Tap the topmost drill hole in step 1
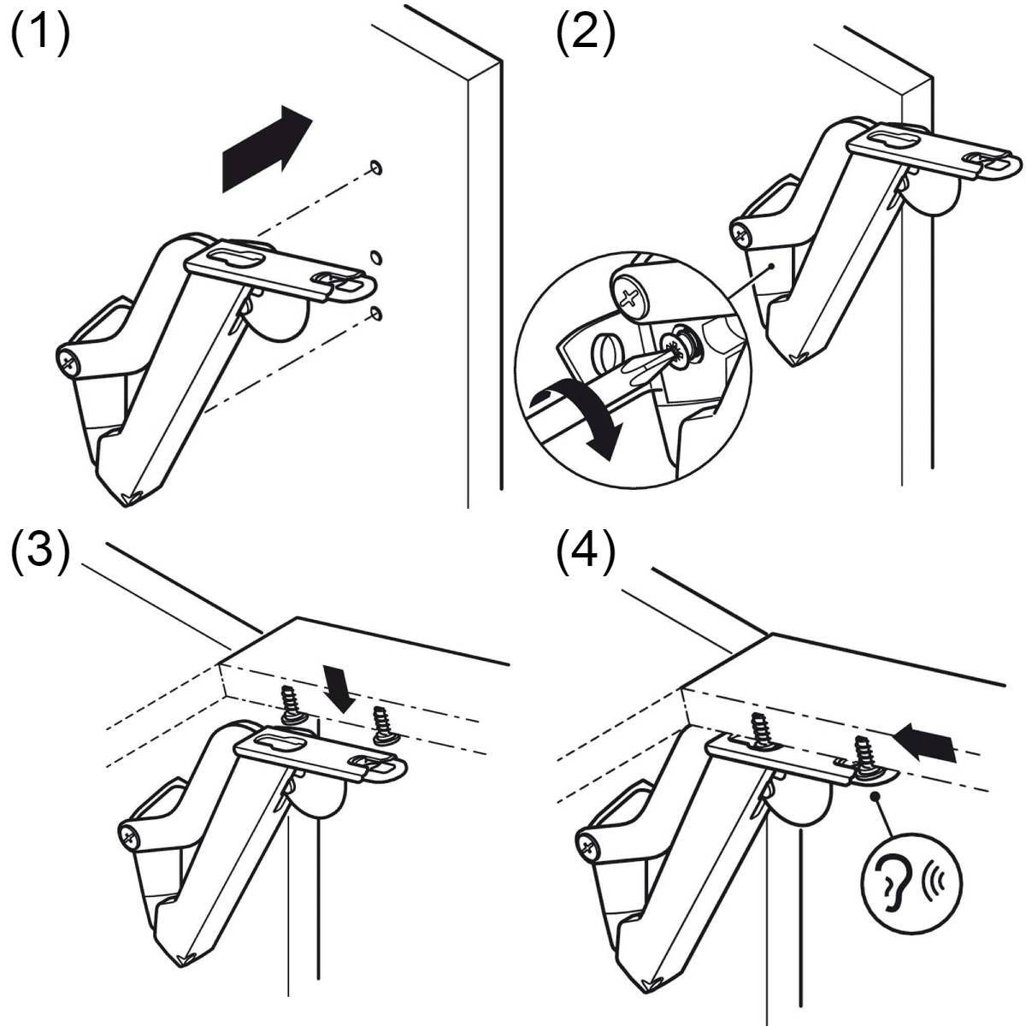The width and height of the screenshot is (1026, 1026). [376, 168]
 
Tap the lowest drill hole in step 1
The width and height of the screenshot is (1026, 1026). [376, 314]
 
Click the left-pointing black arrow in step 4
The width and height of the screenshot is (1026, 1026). [927, 744]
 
